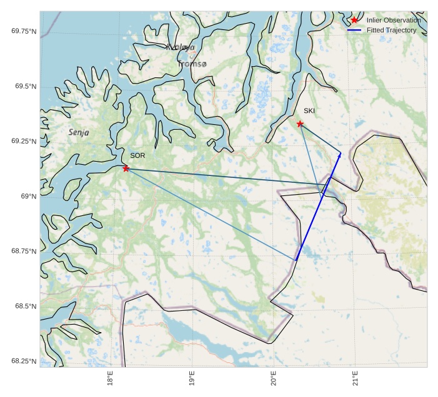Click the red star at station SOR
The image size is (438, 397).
(126, 169)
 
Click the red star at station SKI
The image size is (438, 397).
(300, 124)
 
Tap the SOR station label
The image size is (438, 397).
(137, 155)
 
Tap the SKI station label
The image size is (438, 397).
(309, 111)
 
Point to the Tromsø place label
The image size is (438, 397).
(192, 64)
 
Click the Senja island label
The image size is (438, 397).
(79, 132)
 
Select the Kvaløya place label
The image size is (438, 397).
(181, 47)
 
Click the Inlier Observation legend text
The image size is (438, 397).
(394, 21)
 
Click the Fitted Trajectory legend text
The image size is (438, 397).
(391, 30)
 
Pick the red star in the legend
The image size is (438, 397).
(354, 21)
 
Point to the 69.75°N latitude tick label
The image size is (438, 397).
(24, 31)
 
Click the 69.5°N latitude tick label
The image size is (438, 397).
(26, 86)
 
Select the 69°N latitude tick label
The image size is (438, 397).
(29, 196)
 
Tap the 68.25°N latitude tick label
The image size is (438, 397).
(24, 361)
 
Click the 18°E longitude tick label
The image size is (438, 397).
(110, 379)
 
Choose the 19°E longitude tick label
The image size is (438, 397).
(191, 379)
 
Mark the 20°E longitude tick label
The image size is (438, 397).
(273, 379)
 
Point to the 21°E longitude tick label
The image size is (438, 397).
(354, 379)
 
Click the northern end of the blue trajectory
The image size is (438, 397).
(341, 152)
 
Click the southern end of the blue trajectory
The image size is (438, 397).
(296, 260)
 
